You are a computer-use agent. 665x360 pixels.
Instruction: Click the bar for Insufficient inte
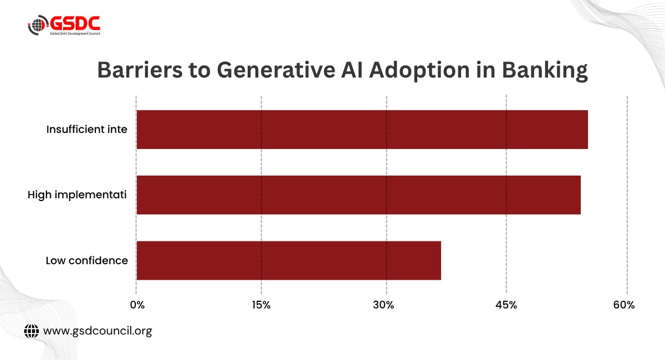pos(362,130)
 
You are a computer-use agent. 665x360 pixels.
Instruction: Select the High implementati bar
pos(359,195)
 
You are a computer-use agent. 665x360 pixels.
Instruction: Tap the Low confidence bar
pos(289,260)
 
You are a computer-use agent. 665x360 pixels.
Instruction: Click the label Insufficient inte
pos(86,130)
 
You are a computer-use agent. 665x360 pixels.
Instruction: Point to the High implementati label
pos(77,195)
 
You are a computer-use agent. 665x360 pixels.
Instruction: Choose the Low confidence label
pos(86,260)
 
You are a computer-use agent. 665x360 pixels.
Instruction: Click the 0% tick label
pos(137,305)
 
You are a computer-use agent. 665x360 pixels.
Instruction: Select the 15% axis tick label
pos(261,305)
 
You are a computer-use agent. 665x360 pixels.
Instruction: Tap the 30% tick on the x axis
pos(383,305)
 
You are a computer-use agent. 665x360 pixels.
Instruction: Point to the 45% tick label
pos(506,305)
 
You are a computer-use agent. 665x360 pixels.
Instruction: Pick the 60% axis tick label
pos(624,305)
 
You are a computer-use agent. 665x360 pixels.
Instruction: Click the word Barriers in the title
pos(140,70)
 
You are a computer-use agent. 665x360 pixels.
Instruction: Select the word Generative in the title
pos(276,70)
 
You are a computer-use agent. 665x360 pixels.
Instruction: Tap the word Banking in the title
pos(545,71)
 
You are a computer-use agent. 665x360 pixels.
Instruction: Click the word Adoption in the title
pos(420,71)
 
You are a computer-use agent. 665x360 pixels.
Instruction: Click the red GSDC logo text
pos(75,23)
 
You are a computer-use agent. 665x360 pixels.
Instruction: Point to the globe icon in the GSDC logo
pos(38,25)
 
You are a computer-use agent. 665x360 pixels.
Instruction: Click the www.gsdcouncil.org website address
pos(98,331)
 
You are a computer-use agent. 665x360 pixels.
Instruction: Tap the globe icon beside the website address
pos(32,331)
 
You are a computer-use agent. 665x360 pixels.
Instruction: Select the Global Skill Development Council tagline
pos(75,34)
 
